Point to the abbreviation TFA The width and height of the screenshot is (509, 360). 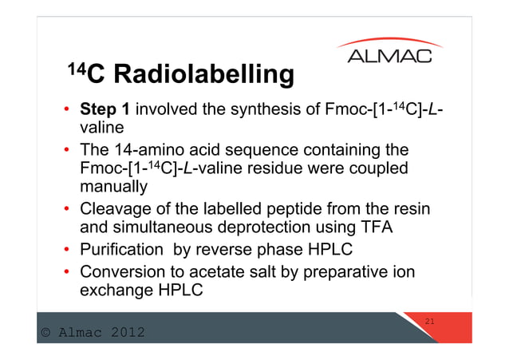[x=369, y=228]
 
